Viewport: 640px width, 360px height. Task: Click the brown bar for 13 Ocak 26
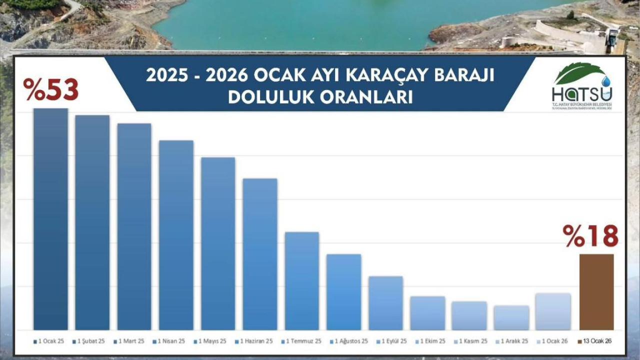point(596,292)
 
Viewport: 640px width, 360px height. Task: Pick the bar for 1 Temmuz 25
point(302,280)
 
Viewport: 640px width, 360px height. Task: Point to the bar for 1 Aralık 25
point(511,317)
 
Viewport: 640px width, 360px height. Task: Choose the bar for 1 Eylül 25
point(385,303)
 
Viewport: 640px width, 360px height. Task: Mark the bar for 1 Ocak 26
point(552,311)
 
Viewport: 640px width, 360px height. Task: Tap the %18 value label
point(590,236)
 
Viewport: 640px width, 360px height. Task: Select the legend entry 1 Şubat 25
point(90,341)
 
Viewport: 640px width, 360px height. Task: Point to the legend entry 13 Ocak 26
point(594,341)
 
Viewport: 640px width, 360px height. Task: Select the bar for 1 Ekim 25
point(427,313)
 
